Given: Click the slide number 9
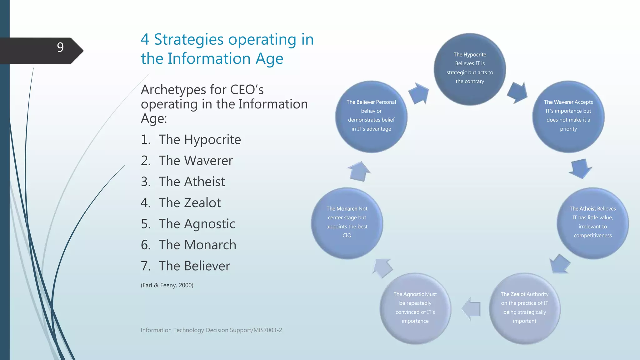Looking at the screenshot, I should [60, 47].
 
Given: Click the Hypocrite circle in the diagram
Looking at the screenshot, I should [470, 69].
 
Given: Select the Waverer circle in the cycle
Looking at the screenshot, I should [568, 117].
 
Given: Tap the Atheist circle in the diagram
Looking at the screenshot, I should [592, 223].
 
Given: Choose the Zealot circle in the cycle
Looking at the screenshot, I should [524, 309].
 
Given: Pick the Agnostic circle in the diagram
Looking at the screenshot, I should [415, 309].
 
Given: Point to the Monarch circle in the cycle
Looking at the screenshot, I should [347, 223].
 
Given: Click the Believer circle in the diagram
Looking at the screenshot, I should [371, 117].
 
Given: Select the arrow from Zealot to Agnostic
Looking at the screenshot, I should [471, 309].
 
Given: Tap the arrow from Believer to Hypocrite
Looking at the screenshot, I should [419, 93].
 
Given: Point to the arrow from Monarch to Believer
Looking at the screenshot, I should [359, 171].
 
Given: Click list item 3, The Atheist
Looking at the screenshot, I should [192, 182].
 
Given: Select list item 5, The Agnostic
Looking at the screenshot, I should [197, 224].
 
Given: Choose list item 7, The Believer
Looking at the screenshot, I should [194, 266].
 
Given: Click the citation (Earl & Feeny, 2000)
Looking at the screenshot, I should [167, 285].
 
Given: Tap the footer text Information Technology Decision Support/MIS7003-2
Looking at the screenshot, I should [211, 330].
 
